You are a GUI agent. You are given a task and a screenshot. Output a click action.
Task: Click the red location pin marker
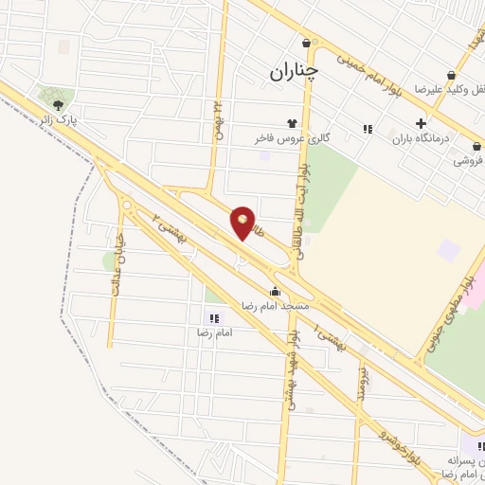pyautogui.click(x=242, y=223)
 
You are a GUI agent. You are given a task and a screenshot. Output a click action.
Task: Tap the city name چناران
pyautogui.click(x=294, y=71)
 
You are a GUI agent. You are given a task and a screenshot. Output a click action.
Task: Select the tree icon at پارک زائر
pyautogui.click(x=59, y=105)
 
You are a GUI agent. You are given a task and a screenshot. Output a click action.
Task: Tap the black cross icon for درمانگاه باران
pyautogui.click(x=421, y=123)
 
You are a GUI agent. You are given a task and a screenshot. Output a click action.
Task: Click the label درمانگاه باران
pyautogui.click(x=425, y=139)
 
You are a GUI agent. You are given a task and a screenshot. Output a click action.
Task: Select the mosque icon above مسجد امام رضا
pyautogui.click(x=276, y=291)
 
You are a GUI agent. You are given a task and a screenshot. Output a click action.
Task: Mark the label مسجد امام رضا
pyautogui.click(x=275, y=306)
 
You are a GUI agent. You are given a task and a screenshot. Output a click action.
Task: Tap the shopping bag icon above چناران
pyautogui.click(x=306, y=43)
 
